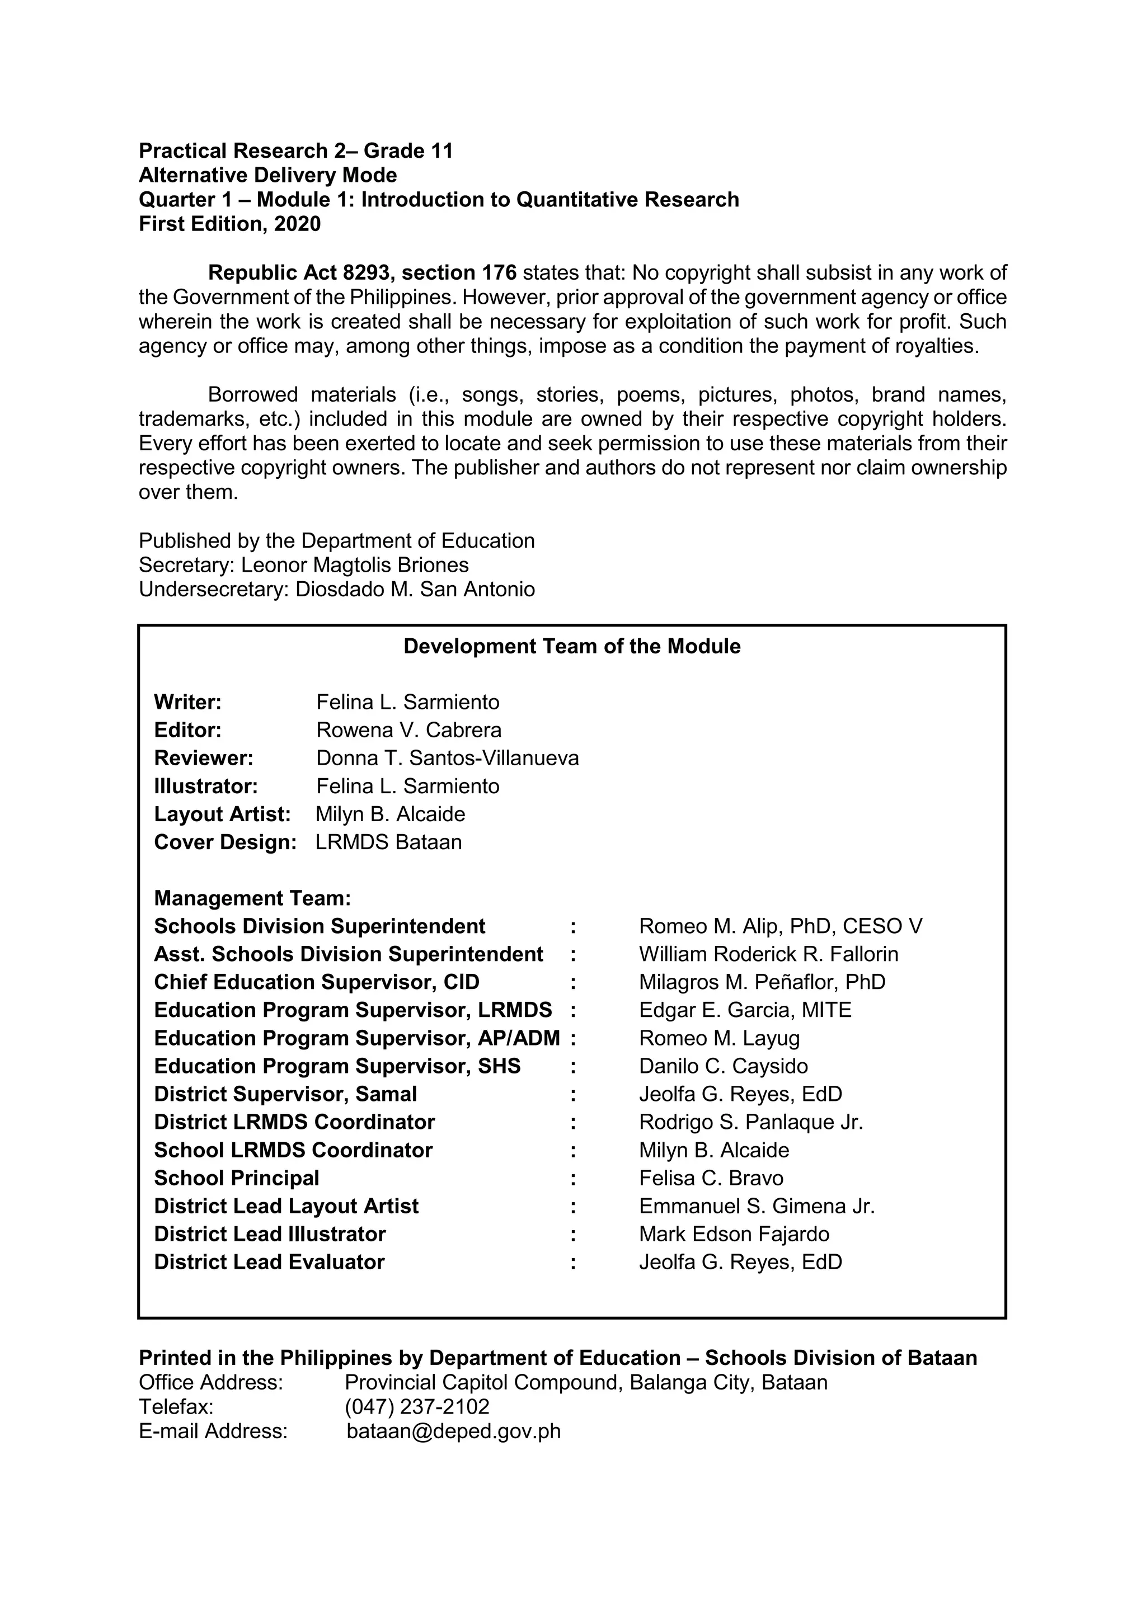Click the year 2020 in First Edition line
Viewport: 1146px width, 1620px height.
click(297, 224)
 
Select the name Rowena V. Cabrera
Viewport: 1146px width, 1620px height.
click(408, 730)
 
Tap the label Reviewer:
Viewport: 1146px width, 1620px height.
click(203, 759)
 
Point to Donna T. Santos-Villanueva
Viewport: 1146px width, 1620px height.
click(448, 759)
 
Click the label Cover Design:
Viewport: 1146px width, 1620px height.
click(225, 842)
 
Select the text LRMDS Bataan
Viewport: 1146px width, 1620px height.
click(388, 842)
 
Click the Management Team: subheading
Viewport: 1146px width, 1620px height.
click(252, 898)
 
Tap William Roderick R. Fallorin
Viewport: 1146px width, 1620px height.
click(768, 955)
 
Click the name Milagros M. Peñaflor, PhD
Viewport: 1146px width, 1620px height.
click(762, 982)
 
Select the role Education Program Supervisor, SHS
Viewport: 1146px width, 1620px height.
click(337, 1066)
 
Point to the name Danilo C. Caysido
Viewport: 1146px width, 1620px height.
click(724, 1066)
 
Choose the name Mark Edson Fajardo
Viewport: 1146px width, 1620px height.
click(734, 1234)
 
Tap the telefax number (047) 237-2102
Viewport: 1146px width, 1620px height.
click(416, 1407)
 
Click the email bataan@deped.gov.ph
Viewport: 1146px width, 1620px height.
click(453, 1431)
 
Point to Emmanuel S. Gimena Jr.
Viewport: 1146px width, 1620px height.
click(757, 1207)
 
